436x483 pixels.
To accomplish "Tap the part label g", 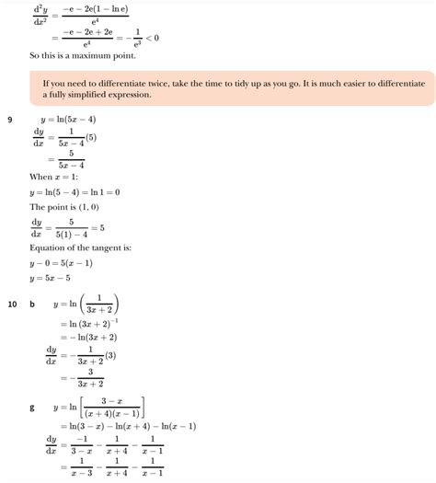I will click(33, 407).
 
